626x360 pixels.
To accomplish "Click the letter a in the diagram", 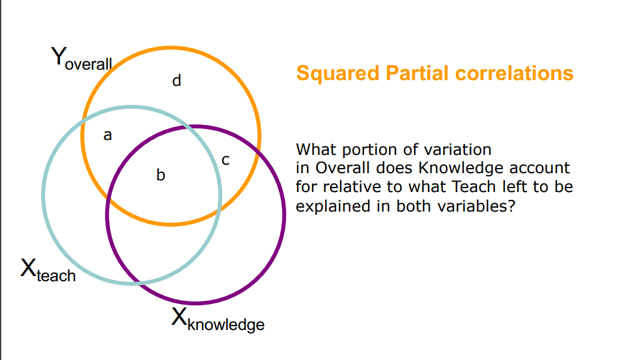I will tap(108, 135).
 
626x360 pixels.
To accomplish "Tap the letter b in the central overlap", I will tap(160, 174).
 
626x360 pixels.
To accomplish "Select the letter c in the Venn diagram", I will tap(225, 159).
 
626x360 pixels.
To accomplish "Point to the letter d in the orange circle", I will tap(176, 81).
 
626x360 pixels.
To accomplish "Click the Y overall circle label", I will tap(81, 60).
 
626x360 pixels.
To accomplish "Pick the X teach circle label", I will tap(48, 270).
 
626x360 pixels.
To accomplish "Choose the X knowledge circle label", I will tap(218, 319).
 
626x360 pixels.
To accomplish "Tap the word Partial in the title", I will tap(418, 73).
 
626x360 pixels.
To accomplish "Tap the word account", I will tap(540, 168).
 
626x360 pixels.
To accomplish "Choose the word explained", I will tap(330, 206).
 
